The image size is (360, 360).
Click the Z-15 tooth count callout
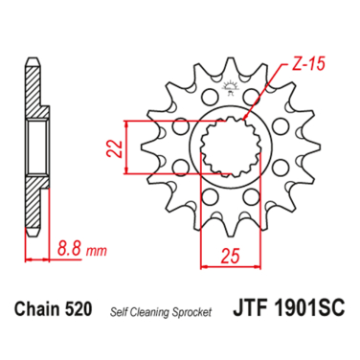[308, 64]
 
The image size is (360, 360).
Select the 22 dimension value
[114, 148]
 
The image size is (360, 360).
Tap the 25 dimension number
[231, 256]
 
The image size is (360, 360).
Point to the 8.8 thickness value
[69, 249]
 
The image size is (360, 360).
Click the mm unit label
[96, 251]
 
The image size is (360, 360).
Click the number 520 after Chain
[79, 308]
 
